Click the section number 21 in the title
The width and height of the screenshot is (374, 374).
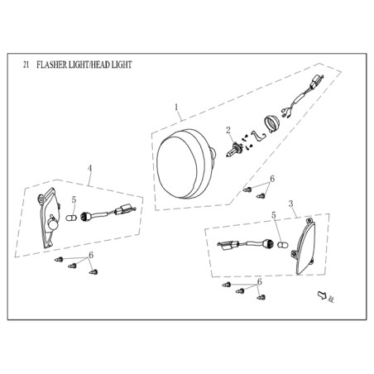coord(26,65)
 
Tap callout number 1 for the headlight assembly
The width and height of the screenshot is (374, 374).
coord(176,108)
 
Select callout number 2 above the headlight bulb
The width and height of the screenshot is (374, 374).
coord(228,130)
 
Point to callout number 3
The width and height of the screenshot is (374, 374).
coord(290,204)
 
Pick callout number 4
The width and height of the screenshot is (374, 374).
coord(89,168)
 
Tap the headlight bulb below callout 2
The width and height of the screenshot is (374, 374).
coord(233,149)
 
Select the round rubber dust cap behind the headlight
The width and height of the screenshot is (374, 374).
coord(271,125)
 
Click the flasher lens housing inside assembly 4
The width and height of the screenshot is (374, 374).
coord(49,218)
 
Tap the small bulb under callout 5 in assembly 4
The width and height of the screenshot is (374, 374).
coord(71,218)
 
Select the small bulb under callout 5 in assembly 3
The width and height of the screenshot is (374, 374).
coord(282,245)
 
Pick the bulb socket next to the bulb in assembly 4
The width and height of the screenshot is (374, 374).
coord(84,217)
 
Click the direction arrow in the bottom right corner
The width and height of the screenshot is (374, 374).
coord(322,295)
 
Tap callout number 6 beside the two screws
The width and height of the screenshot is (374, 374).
coord(272,179)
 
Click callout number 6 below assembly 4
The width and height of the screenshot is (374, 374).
coord(91,255)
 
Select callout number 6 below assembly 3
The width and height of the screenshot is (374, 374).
coord(259,282)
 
